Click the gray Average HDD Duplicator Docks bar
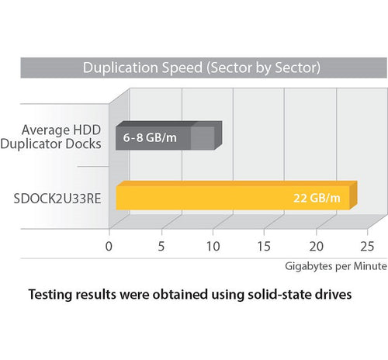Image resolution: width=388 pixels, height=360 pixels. (x=168, y=139)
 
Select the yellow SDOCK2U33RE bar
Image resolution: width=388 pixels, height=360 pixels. (x=233, y=197)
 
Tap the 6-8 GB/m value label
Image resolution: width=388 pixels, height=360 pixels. (x=148, y=139)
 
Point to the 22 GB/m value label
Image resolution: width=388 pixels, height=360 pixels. (x=317, y=198)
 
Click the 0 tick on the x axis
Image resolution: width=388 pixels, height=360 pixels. (x=109, y=247)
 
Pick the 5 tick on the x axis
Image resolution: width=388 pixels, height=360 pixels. (x=161, y=247)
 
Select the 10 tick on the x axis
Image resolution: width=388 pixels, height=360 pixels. (x=213, y=247)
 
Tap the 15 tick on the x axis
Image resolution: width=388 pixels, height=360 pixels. (x=265, y=247)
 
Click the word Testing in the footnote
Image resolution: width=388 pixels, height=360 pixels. (x=53, y=296)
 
